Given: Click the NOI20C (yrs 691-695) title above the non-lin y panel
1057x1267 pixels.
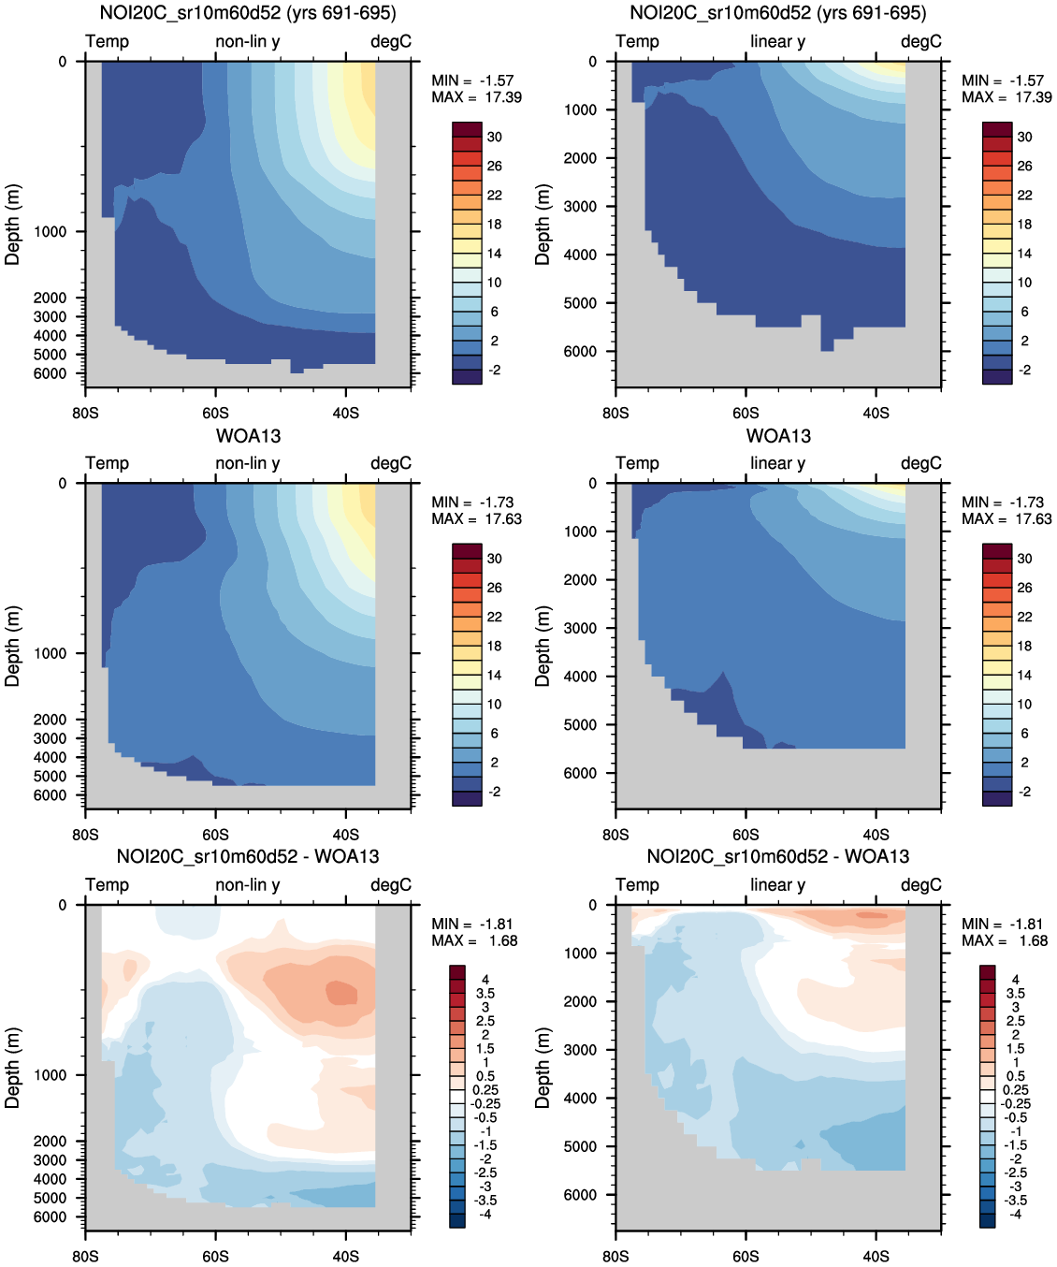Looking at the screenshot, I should (248, 13).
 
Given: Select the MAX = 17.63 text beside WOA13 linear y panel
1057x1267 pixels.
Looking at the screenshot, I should (1006, 519).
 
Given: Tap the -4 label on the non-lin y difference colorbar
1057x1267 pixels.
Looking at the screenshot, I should (485, 1214).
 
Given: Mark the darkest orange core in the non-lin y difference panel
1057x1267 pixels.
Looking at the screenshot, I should (341, 992).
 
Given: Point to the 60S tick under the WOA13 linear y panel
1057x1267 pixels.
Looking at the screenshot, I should (746, 835).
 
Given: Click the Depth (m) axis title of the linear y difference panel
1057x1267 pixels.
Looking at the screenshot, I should (543, 1068).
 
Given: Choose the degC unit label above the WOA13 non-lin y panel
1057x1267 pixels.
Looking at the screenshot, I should (390, 463).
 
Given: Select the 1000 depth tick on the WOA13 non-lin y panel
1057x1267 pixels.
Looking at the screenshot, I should (50, 653).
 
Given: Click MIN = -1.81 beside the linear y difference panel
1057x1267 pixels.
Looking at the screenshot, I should (1002, 925).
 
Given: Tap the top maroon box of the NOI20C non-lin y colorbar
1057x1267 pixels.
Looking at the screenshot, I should (467, 129).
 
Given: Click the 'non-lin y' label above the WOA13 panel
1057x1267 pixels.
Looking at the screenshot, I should (248, 463).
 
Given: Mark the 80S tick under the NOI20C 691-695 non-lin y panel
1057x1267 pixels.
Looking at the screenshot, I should (85, 413).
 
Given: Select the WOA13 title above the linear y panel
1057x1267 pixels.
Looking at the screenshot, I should (778, 436).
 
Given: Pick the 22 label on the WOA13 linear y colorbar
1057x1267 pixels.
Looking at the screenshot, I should (1024, 617).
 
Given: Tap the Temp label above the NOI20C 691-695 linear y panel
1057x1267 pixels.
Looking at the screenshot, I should (637, 41).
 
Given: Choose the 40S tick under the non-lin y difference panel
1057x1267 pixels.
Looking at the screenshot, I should (345, 1256).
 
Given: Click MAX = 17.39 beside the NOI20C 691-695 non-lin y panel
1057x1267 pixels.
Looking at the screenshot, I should (476, 97).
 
